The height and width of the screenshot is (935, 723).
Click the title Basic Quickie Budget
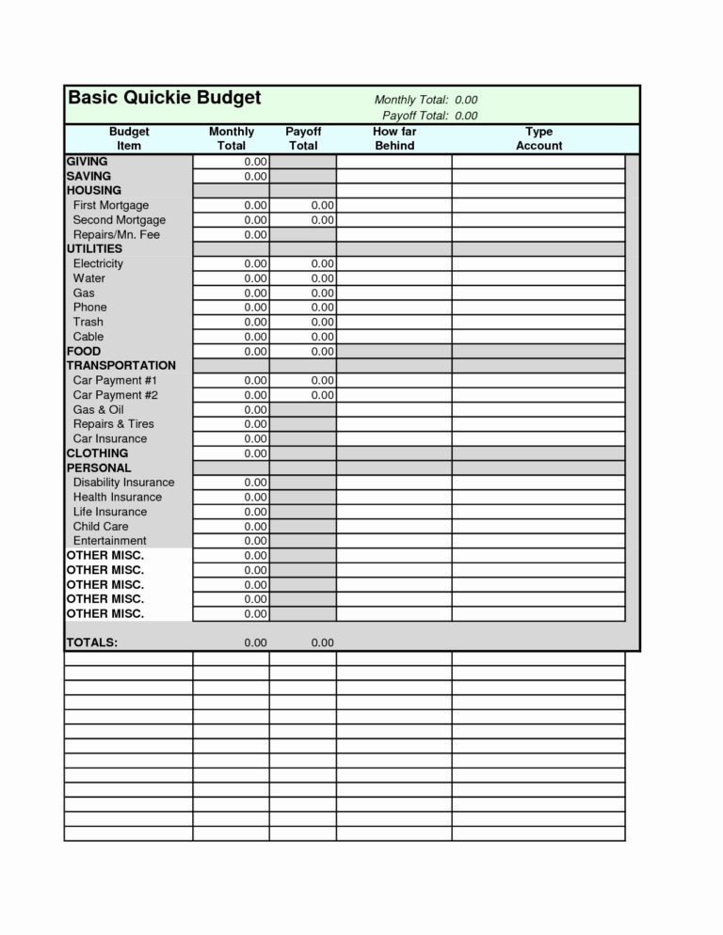[x=165, y=99]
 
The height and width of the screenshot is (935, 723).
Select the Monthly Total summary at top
[x=426, y=100]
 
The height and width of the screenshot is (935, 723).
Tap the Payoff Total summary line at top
[x=430, y=116]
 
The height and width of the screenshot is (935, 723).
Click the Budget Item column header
[x=129, y=139]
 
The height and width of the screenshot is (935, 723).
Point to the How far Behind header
[x=394, y=139]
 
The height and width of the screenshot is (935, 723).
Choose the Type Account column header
[x=538, y=139]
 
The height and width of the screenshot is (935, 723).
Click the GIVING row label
[x=87, y=162]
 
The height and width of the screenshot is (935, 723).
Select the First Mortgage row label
[x=110, y=205]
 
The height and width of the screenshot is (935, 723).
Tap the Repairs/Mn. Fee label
[x=116, y=234]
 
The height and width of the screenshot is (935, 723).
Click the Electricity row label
[x=98, y=263]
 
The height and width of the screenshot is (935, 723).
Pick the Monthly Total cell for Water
[x=232, y=278]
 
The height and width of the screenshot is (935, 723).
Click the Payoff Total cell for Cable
[x=303, y=337]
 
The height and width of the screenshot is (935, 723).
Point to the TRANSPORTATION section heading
[x=120, y=365]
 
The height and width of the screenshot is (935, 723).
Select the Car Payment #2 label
[x=115, y=395]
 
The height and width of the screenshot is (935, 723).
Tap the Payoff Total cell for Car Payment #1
[x=303, y=380]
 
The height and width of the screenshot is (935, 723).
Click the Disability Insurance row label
[x=123, y=483]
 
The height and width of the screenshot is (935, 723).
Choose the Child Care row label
[x=101, y=526]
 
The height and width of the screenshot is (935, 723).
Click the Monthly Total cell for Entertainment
[x=232, y=541]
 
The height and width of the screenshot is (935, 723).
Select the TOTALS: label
[x=91, y=642]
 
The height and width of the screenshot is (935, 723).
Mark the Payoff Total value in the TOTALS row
[x=321, y=642]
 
